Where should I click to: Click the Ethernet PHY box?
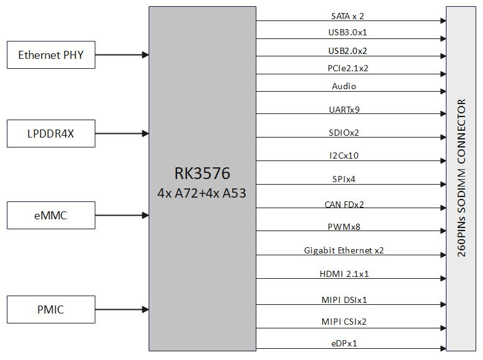coord(51,55)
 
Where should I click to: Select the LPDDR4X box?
coord(51,134)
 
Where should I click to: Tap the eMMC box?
coord(51,216)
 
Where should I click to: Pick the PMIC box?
coord(51,309)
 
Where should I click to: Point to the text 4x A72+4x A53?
coord(202,193)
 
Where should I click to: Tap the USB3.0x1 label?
coord(352,32)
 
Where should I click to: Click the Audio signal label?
coord(344,86)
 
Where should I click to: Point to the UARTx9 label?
coord(344,110)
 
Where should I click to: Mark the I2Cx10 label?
coord(344,156)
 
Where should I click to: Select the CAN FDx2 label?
coord(344,204)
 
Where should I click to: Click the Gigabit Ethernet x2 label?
coord(344,250)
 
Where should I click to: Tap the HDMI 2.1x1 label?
coord(344,273)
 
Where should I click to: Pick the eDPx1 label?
coord(344,343)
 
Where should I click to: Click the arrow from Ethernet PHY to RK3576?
coord(122,55)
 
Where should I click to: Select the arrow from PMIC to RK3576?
coord(122,309)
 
